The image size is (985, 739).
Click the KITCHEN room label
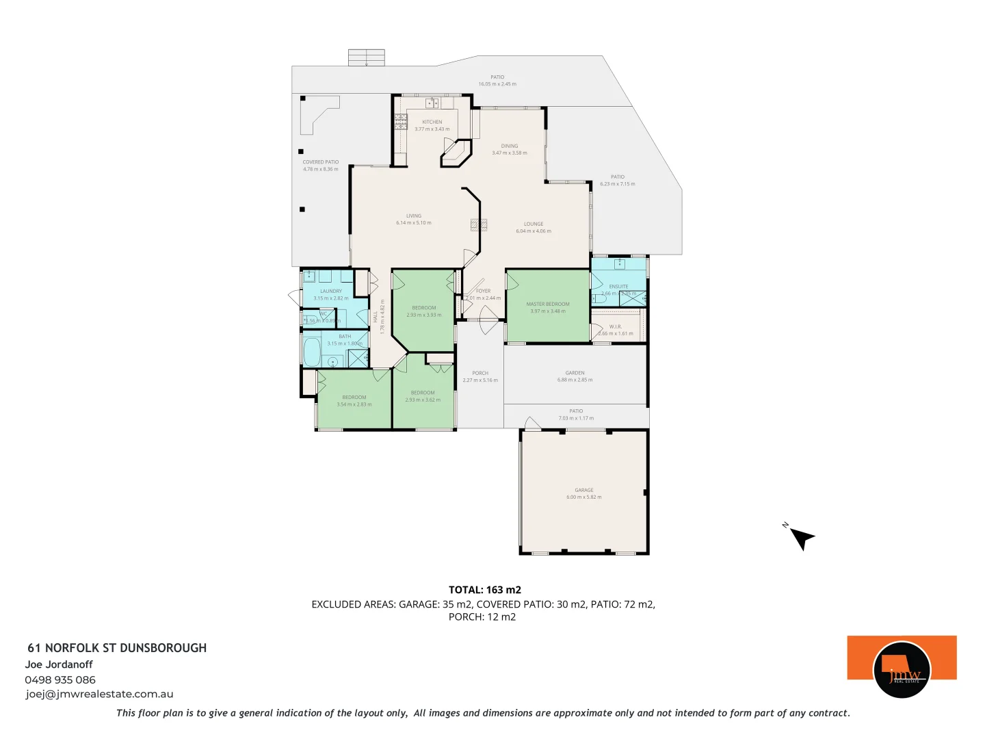pyautogui.click(x=432, y=122)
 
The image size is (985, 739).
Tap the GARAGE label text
pyautogui.click(x=583, y=490)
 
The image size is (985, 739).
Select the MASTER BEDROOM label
pyautogui.click(x=547, y=304)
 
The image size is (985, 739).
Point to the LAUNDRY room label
pyautogui.click(x=330, y=291)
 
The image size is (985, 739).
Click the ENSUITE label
pyautogui.click(x=618, y=286)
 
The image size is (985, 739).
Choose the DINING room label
pyautogui.click(x=510, y=146)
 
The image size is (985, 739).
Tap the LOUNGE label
pyautogui.click(x=534, y=224)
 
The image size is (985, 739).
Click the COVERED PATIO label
pyautogui.click(x=320, y=162)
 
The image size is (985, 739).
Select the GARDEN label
pyautogui.click(x=575, y=373)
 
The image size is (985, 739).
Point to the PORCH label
pyautogui.click(x=480, y=373)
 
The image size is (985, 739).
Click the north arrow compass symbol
pyautogui.click(x=802, y=538)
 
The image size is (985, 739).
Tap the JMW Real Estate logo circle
pyautogui.click(x=902, y=669)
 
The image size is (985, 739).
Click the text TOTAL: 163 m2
pyautogui.click(x=484, y=589)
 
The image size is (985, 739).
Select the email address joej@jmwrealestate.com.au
pyautogui.click(x=99, y=694)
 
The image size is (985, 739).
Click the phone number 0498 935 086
pyautogui.click(x=60, y=679)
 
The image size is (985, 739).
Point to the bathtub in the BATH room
pyautogui.click(x=311, y=351)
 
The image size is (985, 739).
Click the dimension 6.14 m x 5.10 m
pyautogui.click(x=413, y=222)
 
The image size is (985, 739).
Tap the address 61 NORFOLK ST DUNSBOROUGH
pyautogui.click(x=117, y=647)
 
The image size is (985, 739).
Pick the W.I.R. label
pyautogui.click(x=615, y=326)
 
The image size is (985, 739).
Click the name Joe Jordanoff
pyautogui.click(x=59, y=664)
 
